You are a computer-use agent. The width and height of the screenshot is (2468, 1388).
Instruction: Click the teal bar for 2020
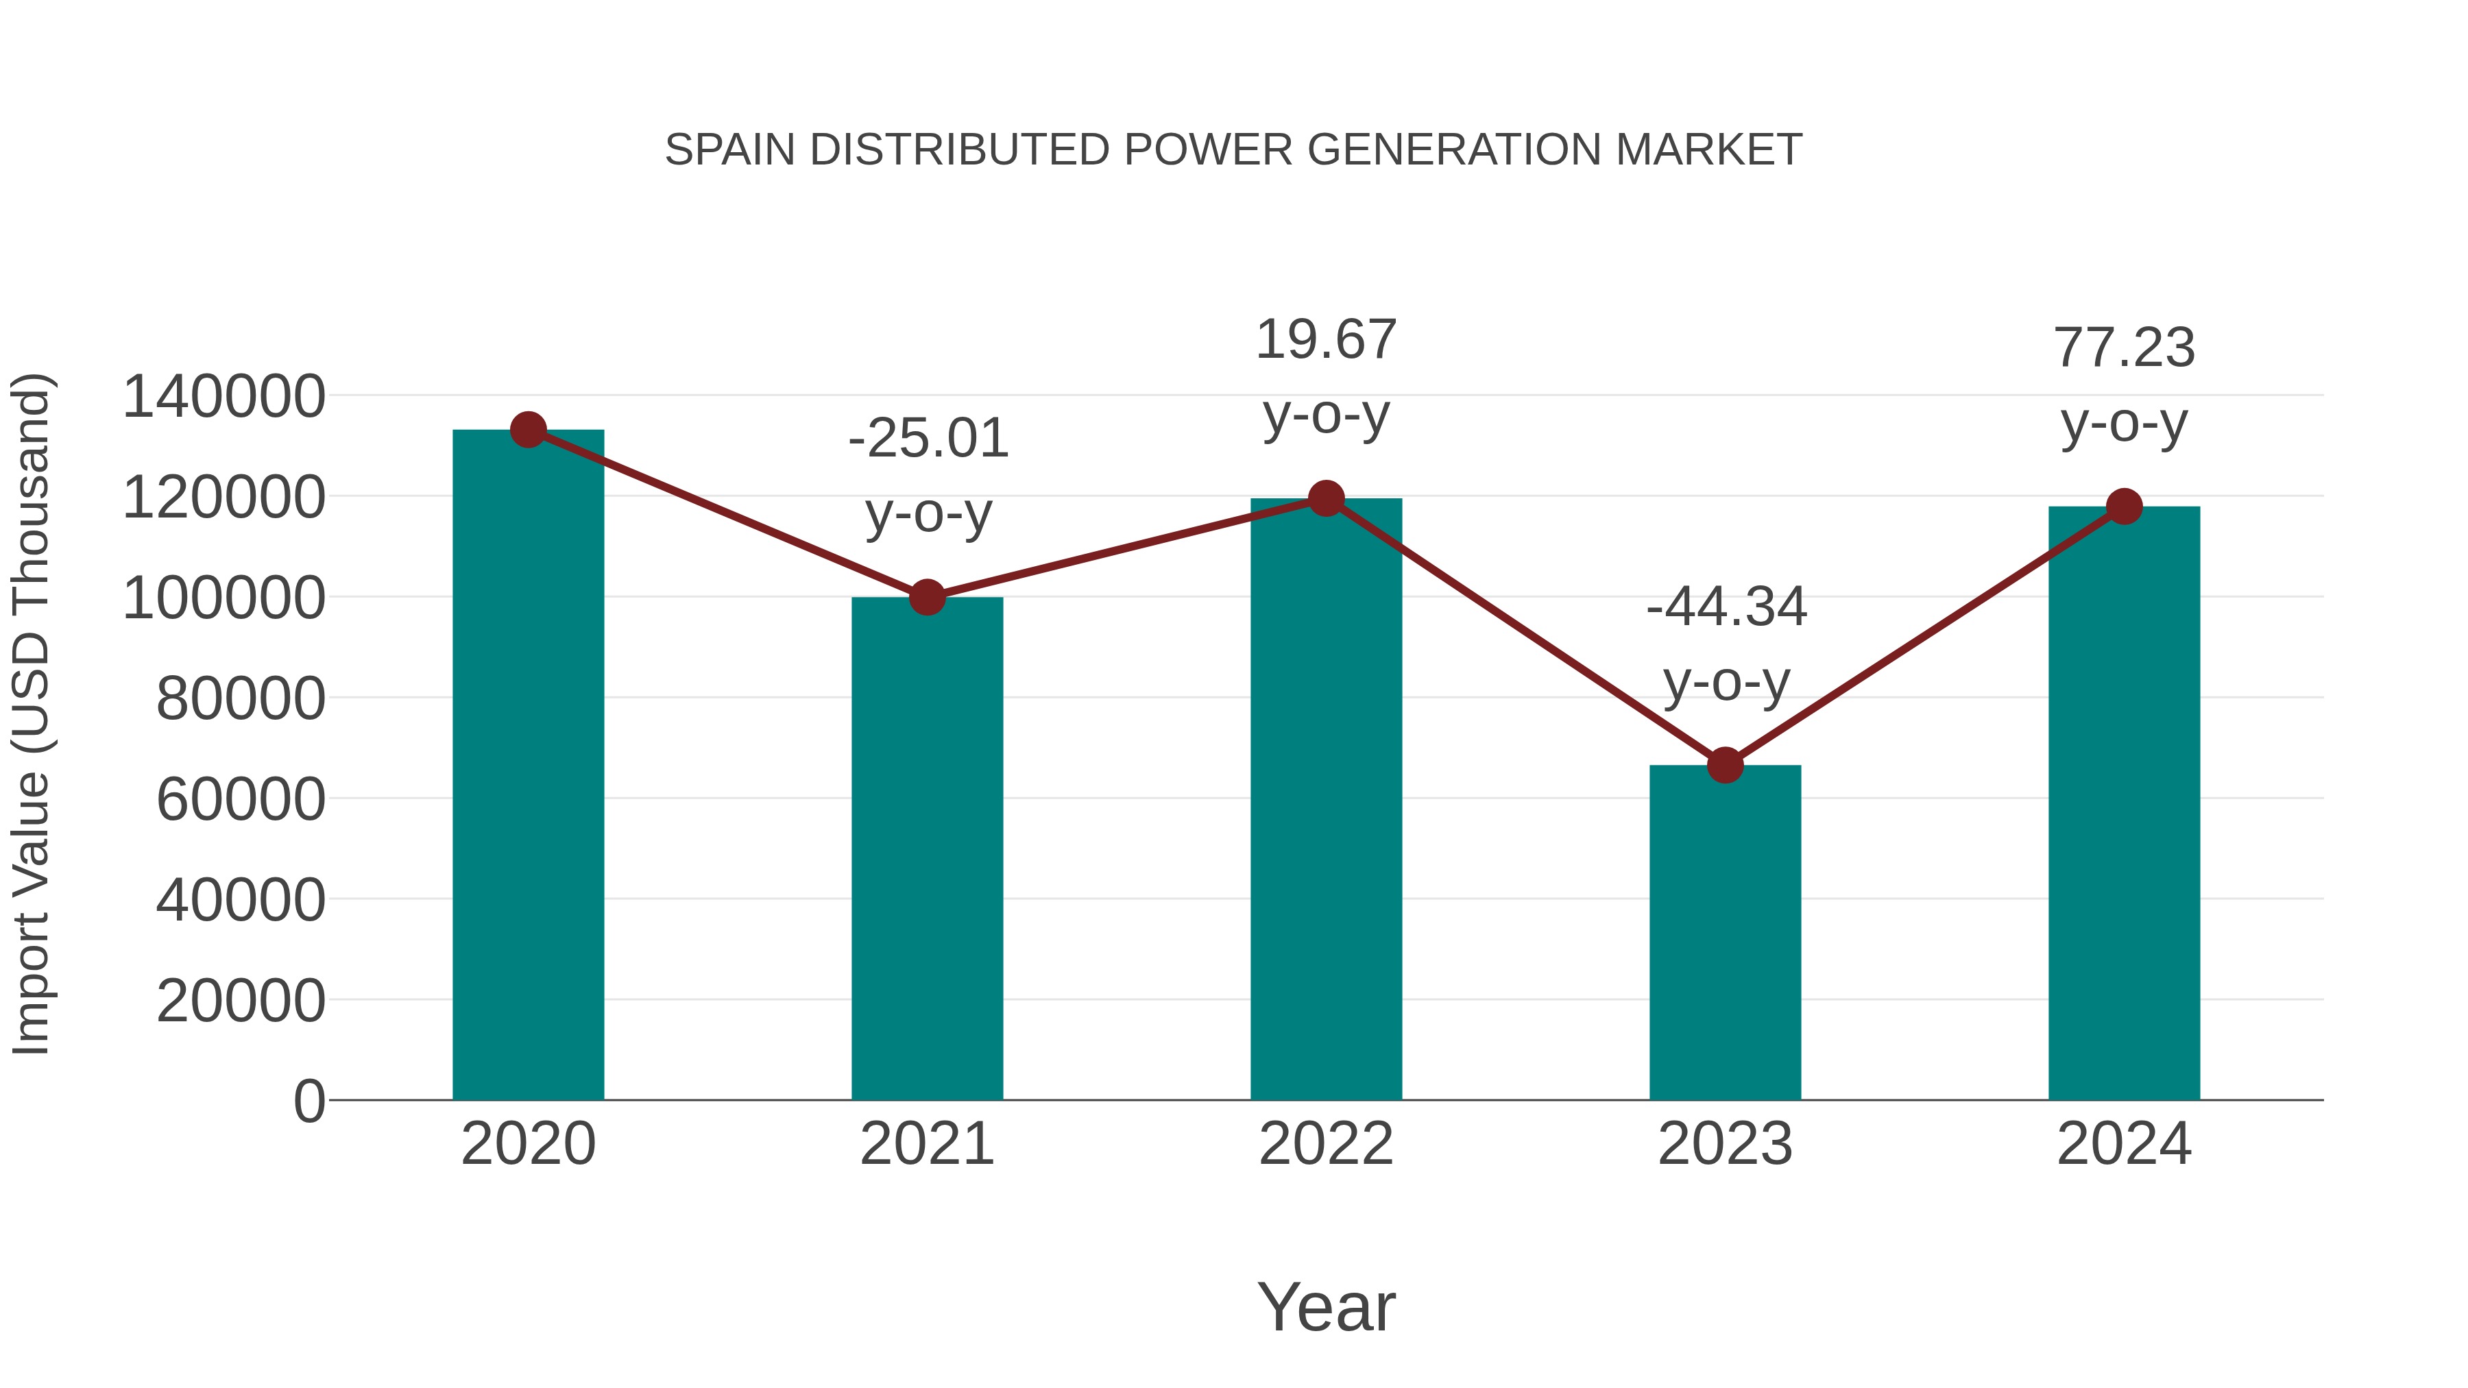click(528, 766)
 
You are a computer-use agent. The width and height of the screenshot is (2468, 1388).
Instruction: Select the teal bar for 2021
click(926, 849)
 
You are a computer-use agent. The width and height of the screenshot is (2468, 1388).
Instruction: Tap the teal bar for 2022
click(1326, 799)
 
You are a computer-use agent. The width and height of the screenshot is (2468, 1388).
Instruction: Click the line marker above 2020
click(528, 430)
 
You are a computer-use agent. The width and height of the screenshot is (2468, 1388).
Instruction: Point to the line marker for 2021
click(926, 597)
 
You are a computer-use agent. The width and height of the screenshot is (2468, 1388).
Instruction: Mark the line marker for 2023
click(1725, 766)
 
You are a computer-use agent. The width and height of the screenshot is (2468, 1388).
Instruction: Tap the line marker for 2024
click(2124, 507)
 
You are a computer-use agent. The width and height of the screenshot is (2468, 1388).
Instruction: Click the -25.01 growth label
click(928, 439)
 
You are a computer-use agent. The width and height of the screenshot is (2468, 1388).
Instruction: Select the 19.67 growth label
click(1326, 340)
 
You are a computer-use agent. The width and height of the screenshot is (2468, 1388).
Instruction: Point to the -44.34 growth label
click(1726, 607)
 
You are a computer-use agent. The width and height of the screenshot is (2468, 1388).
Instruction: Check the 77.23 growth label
click(2124, 348)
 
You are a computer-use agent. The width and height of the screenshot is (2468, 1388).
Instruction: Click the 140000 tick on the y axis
click(223, 397)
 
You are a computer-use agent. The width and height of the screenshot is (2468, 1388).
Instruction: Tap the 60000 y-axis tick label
click(241, 800)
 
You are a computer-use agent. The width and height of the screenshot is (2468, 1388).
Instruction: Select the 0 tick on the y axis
click(308, 1101)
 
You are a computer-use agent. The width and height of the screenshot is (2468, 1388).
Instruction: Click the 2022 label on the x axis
click(1326, 1144)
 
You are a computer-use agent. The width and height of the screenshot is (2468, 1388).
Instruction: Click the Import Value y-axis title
click(32, 714)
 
